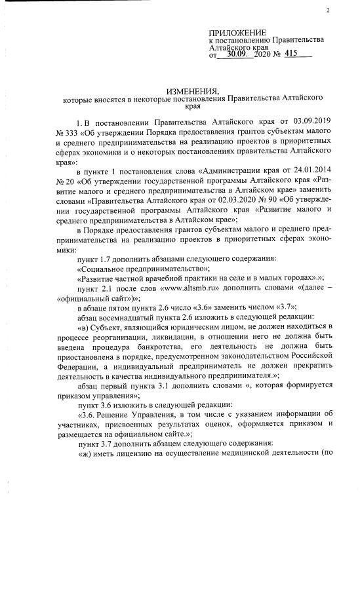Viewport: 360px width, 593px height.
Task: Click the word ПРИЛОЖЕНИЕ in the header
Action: click(x=237, y=33)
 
